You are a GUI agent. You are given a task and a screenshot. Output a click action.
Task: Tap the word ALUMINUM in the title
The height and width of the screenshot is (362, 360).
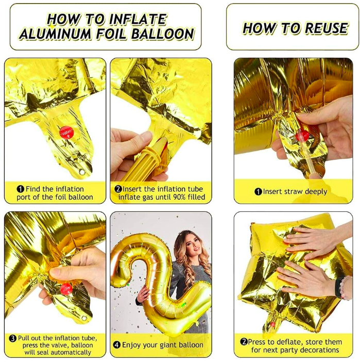pos(56,35)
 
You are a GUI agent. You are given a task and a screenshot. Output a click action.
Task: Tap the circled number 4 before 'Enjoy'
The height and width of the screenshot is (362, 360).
pos(116,344)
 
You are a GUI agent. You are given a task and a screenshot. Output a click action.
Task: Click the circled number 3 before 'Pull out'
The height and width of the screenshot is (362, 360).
pos(13,338)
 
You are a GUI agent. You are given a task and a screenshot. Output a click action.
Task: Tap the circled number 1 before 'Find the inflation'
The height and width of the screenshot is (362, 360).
pos(21,189)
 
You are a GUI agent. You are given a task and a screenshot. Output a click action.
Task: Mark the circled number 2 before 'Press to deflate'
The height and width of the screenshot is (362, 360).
pos(244,341)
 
